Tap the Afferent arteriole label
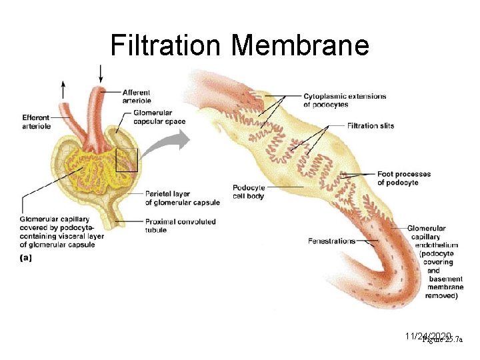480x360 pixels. pyautogui.click(x=136, y=96)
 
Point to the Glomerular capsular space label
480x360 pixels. pyautogui.click(x=159, y=117)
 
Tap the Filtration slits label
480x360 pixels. pyautogui.click(x=371, y=125)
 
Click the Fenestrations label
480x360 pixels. pyautogui.click(x=332, y=241)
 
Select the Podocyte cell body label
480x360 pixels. pyautogui.click(x=248, y=191)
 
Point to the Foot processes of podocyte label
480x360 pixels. pyautogui.click(x=403, y=178)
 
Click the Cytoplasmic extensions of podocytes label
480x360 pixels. pyautogui.click(x=344, y=100)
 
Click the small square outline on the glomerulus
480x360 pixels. pyautogui.click(x=126, y=160)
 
